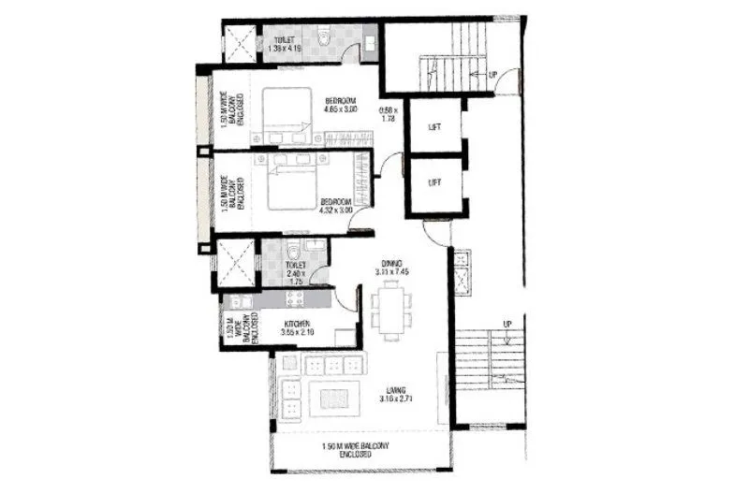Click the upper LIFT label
click(x=434, y=127)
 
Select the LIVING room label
click(x=397, y=394)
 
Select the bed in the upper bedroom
click(x=285, y=113)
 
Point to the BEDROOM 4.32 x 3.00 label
click(x=336, y=205)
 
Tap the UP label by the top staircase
click(x=492, y=74)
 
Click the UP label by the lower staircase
click(x=507, y=325)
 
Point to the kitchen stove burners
click(x=295, y=300)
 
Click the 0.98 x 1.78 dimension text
click(x=389, y=114)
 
